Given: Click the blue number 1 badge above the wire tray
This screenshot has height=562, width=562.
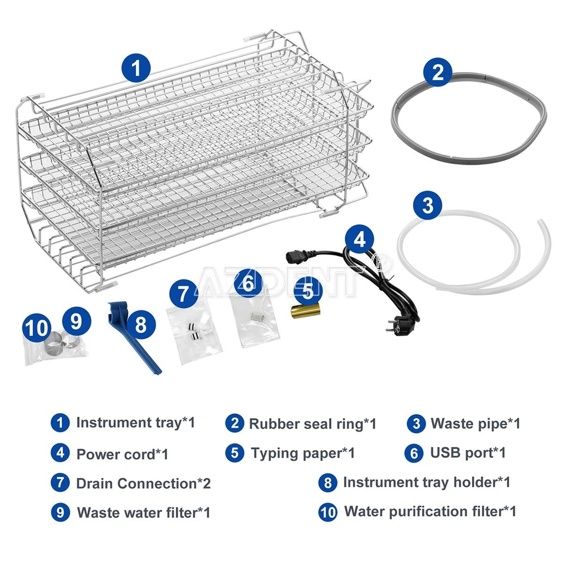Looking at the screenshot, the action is pyautogui.click(x=136, y=68).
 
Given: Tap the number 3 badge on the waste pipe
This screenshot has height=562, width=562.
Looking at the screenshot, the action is pyautogui.click(x=428, y=205).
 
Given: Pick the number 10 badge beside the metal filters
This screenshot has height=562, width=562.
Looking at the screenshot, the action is pyautogui.click(x=37, y=327).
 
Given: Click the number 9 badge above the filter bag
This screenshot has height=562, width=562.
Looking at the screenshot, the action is pyautogui.click(x=76, y=321).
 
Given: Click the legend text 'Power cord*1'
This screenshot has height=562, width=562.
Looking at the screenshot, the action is pyautogui.click(x=122, y=454).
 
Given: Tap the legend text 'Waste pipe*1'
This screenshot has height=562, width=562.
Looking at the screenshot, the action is pyautogui.click(x=475, y=423).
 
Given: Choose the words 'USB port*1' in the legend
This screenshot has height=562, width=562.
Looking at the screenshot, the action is pyautogui.click(x=468, y=452).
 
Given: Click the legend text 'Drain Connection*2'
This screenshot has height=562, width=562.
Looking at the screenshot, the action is pyautogui.click(x=143, y=483).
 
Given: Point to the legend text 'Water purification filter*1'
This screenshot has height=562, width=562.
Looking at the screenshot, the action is pyautogui.click(x=430, y=511).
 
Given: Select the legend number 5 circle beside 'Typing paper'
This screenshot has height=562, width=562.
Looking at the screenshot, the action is pyautogui.click(x=235, y=452).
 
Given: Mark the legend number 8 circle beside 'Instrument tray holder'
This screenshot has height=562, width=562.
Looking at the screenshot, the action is pyautogui.click(x=328, y=482).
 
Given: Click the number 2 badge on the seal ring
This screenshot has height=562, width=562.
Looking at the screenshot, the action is pyautogui.click(x=438, y=72).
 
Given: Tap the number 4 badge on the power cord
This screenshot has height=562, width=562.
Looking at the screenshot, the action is pyautogui.click(x=360, y=239).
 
